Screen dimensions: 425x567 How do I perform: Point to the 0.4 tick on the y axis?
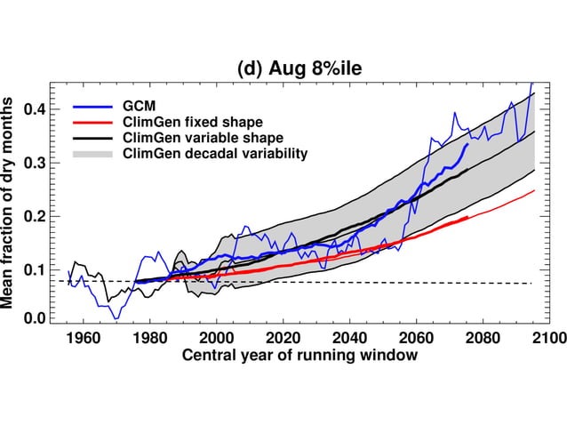(x=36, y=109)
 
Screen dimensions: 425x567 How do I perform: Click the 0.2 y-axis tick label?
(x=36, y=216)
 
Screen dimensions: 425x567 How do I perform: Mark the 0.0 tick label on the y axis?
(x=36, y=318)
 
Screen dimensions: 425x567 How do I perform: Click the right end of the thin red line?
(x=534, y=190)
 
